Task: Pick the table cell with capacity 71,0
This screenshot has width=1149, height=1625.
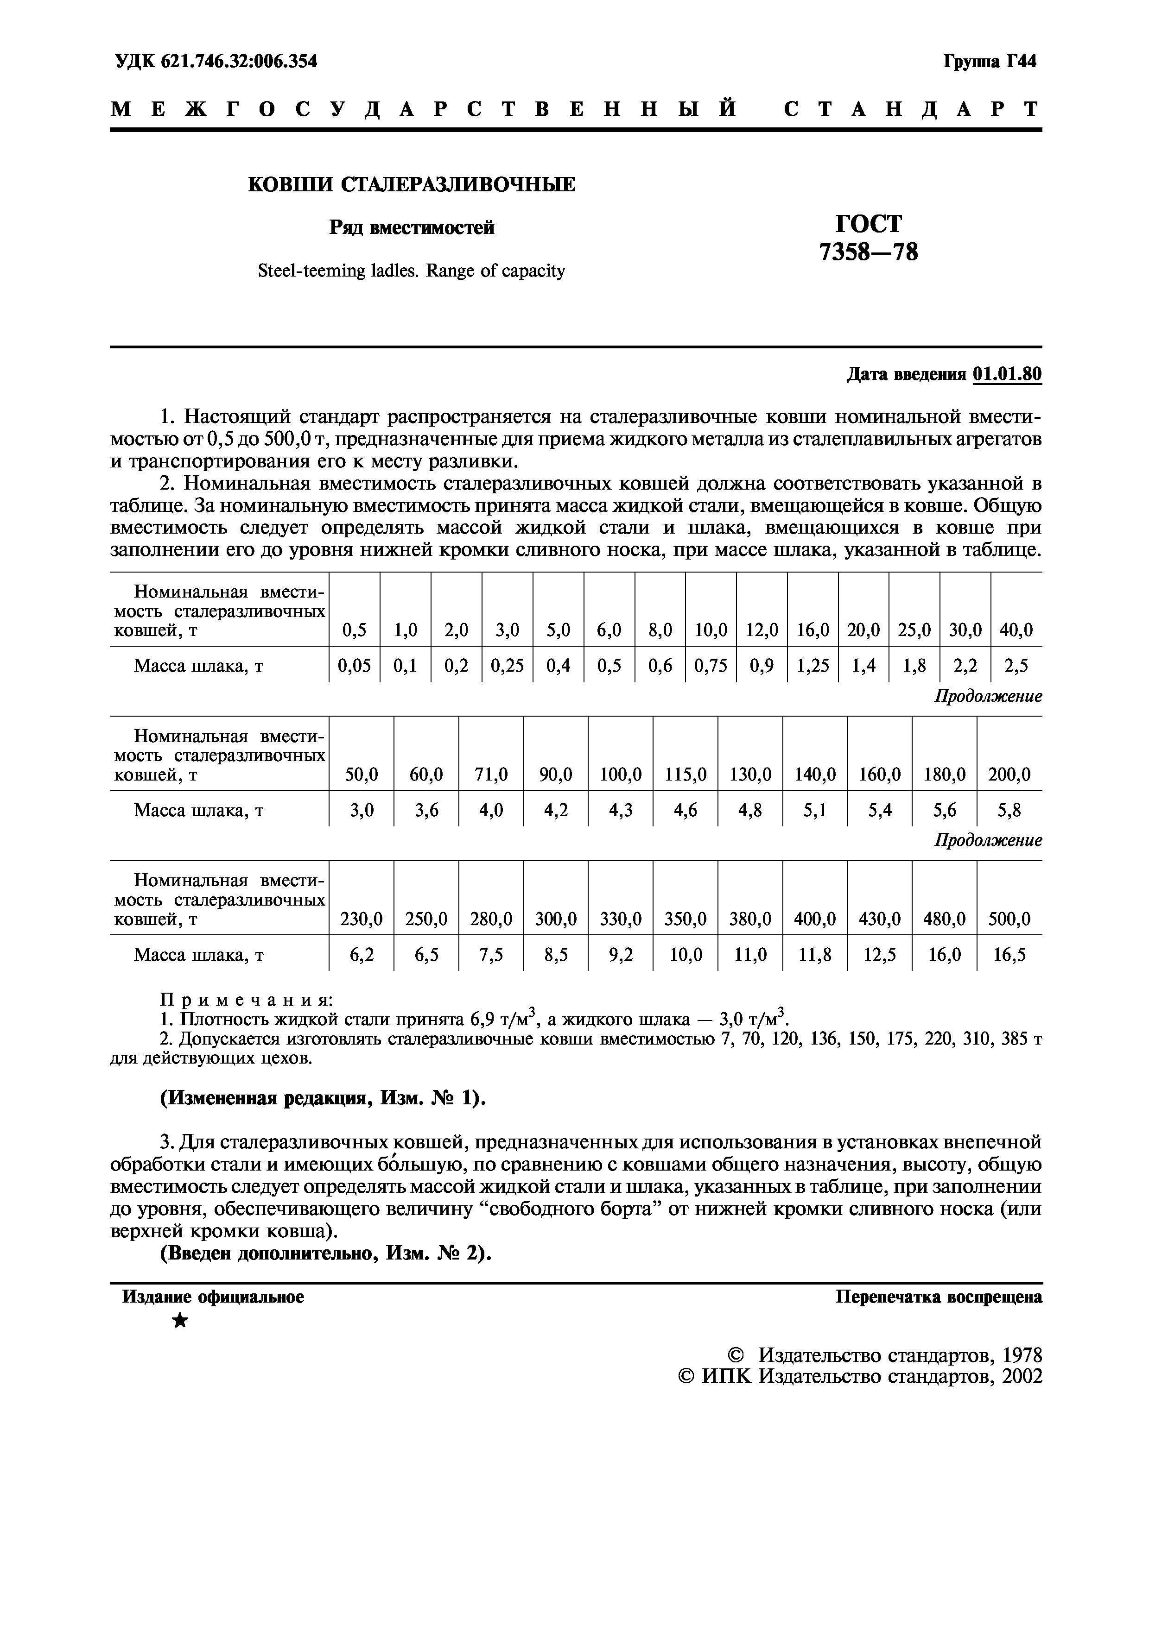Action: [491, 775]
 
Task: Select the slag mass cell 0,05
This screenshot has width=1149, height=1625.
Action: [354, 666]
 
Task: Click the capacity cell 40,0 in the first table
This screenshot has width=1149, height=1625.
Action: [1016, 630]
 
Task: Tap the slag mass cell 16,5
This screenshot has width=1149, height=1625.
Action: [1009, 956]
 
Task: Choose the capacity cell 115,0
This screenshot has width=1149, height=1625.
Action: [686, 775]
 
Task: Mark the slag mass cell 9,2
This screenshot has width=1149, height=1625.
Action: [620, 956]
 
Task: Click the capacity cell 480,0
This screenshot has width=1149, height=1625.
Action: [945, 920]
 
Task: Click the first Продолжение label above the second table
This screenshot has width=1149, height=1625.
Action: [988, 696]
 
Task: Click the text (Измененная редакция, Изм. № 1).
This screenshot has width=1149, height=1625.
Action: [323, 1098]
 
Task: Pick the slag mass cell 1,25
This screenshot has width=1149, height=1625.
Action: [812, 666]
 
